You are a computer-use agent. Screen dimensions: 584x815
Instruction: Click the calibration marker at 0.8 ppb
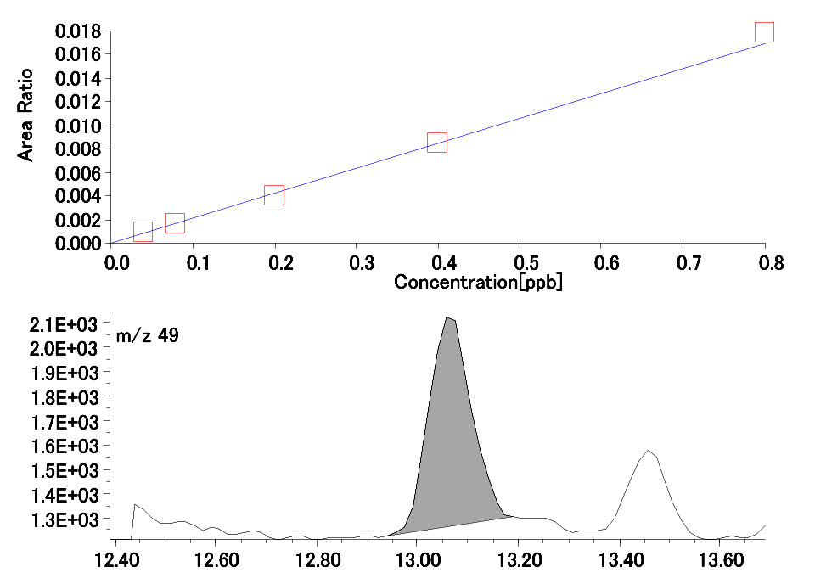764,32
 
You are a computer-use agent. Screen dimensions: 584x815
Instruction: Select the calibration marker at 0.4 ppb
437,143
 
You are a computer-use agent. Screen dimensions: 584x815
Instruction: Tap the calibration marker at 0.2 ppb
274,195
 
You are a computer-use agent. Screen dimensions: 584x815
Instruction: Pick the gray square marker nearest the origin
143,232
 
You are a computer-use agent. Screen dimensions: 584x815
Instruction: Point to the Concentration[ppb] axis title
478,282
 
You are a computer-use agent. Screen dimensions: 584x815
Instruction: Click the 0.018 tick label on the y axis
79,32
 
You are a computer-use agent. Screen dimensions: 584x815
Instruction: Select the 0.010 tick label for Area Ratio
79,126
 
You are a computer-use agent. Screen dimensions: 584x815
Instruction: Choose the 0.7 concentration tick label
601,262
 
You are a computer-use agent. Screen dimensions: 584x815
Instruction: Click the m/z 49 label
147,337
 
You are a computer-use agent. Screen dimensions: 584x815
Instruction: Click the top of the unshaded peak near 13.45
649,451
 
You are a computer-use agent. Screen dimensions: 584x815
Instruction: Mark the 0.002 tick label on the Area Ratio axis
79,220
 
